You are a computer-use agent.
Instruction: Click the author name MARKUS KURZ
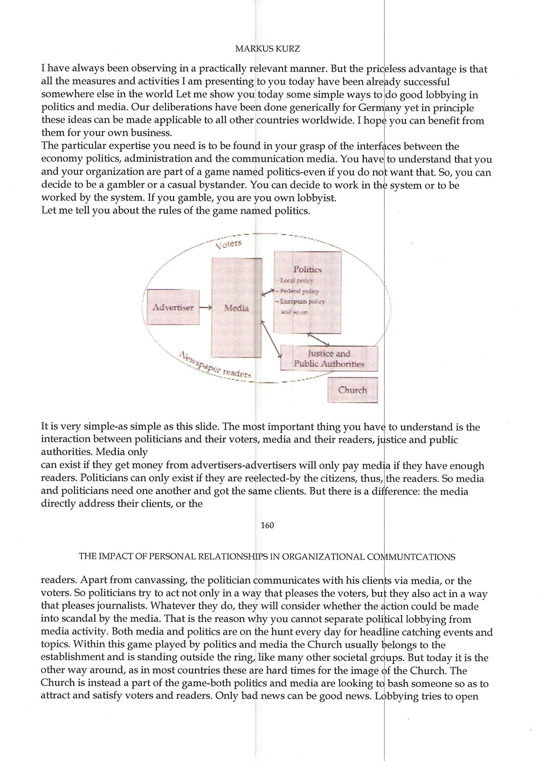pos(268,48)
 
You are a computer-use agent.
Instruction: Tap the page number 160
pos(267,525)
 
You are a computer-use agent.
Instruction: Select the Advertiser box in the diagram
pos(173,308)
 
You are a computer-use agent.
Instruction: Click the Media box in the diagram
pos(237,308)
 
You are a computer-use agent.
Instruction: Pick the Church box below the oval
pos(353,390)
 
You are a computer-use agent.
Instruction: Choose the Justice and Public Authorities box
pos(329,359)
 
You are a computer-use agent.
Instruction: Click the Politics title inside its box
pos(307,269)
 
